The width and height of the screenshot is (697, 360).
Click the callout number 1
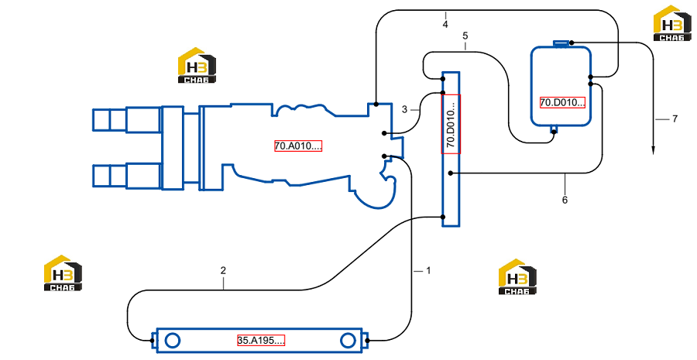[x=428, y=270]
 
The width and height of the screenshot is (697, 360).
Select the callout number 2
[x=223, y=270]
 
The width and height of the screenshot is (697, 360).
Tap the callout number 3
[x=404, y=109]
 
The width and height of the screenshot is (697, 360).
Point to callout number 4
[x=445, y=25]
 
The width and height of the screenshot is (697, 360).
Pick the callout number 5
[x=465, y=35]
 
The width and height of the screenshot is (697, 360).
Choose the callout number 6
[x=565, y=200]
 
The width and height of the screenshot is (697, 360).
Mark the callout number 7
[x=675, y=118]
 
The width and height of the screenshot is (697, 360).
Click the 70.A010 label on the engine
[x=298, y=146]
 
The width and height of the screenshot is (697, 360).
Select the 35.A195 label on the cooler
[x=261, y=341]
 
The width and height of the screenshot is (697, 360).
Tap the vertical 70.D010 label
[x=451, y=124]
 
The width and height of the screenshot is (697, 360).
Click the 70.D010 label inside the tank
[x=562, y=103]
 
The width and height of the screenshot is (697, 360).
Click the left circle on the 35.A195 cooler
[x=172, y=341]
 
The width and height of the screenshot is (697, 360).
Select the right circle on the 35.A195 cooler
[x=348, y=341]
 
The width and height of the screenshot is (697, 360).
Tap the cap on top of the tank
[x=561, y=43]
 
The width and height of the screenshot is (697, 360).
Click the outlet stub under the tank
[x=554, y=129]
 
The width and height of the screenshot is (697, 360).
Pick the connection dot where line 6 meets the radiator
[x=451, y=173]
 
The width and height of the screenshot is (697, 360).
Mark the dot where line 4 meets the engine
[x=376, y=105]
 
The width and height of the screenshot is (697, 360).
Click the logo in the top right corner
[x=672, y=23]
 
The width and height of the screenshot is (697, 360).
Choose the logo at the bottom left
[x=63, y=273]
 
